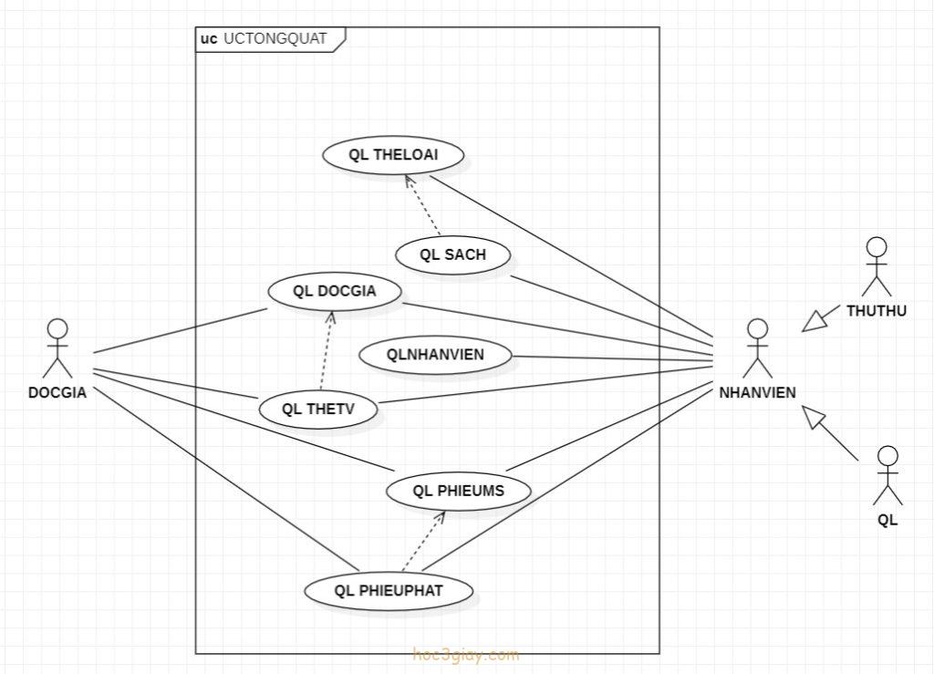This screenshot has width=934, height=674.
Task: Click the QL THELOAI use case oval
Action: coord(393,155)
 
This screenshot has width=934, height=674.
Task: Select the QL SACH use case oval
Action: coord(452,255)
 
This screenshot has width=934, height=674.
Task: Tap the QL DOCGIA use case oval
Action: coord(335,292)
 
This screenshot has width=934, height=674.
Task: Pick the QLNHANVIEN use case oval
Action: coord(436,355)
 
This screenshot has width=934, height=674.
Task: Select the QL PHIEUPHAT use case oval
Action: coord(389,591)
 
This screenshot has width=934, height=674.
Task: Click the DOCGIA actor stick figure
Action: coord(57,348)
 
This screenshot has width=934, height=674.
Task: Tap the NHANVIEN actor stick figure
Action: coord(755,348)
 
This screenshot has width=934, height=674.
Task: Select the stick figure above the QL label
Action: coord(887,475)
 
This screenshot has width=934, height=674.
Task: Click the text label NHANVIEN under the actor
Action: coord(757,393)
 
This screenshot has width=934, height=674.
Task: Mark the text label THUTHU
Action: coord(877,311)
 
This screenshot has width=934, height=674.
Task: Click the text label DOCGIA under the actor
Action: coord(57,393)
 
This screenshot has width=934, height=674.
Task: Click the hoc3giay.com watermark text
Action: coord(466,655)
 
